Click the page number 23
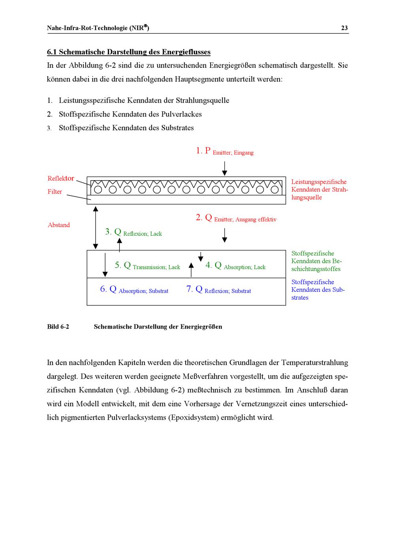[x=344, y=28]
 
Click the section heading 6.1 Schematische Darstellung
[x=128, y=52]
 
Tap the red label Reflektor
[x=61, y=179]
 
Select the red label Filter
[x=55, y=192]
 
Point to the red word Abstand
[x=58, y=225]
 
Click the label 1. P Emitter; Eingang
[x=224, y=151]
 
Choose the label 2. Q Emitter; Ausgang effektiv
[x=236, y=218]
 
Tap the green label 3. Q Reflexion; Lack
[x=133, y=233]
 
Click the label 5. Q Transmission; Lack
[x=147, y=266]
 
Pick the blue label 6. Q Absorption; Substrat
[x=134, y=290]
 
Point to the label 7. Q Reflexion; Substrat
[x=218, y=290]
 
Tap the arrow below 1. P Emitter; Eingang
[x=224, y=168]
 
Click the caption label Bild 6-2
[x=58, y=327]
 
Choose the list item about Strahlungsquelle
[x=144, y=101]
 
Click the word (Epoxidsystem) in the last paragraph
[x=193, y=417]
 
